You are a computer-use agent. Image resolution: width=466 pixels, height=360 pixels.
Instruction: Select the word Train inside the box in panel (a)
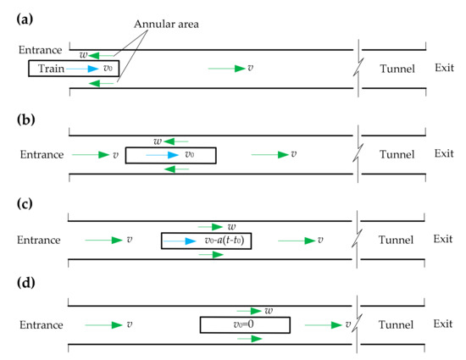[x=53, y=68]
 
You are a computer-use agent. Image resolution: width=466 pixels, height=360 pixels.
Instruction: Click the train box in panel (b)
[x=170, y=155]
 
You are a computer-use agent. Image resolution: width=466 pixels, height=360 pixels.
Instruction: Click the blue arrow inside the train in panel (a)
[x=85, y=68]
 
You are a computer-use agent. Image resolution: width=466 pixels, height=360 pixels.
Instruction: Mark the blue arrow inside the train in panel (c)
[x=182, y=241]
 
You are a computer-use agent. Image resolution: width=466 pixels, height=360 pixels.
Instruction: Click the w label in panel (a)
[x=83, y=55]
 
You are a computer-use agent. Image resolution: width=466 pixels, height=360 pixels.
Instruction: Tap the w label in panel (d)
[x=269, y=311]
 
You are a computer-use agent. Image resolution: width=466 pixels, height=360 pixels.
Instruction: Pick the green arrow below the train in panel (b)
[x=177, y=169]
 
